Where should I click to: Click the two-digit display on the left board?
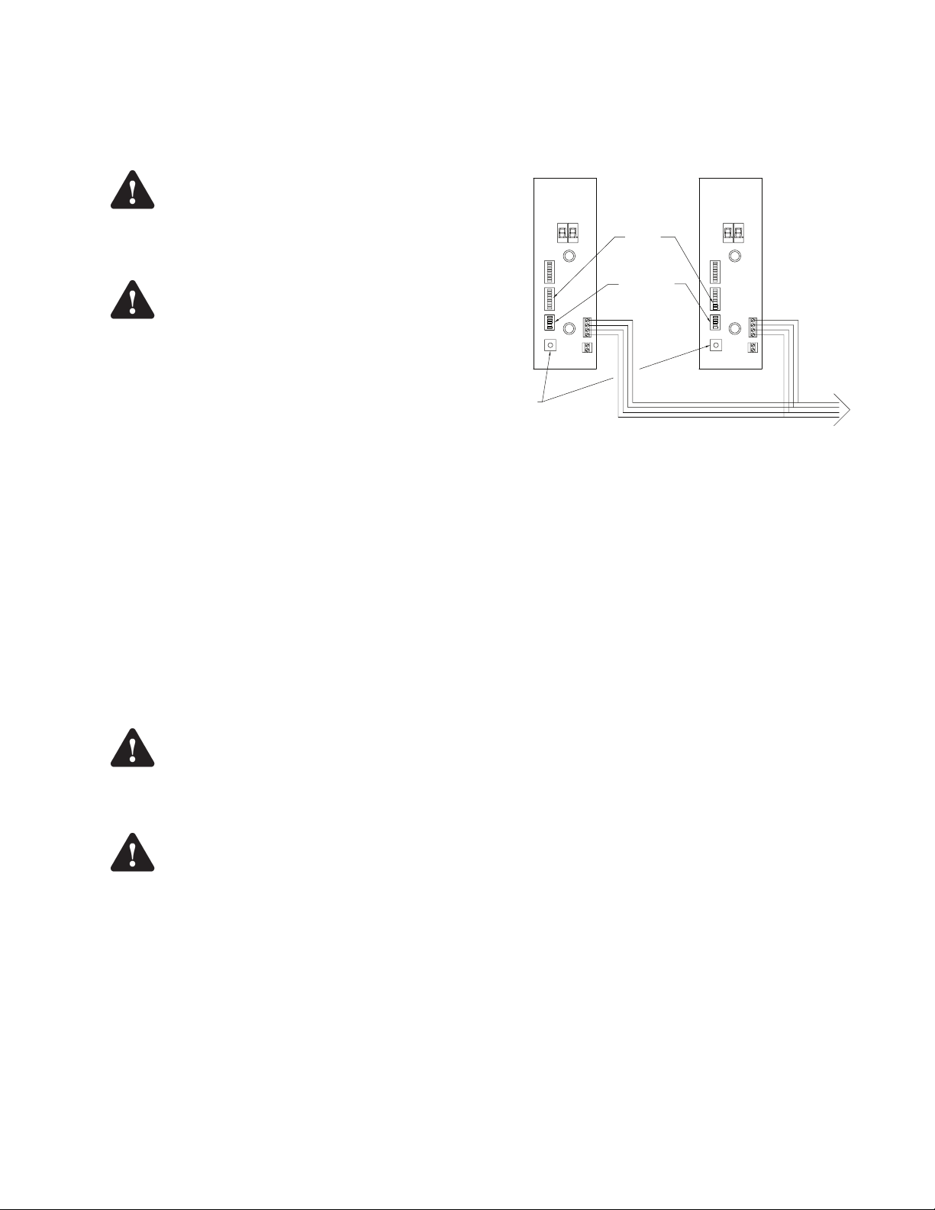tap(566, 234)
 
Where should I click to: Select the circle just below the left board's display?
tap(569, 257)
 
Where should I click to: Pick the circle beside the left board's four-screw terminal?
tap(569, 328)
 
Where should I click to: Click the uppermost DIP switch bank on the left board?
tap(548, 272)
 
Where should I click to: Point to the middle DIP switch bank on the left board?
tap(548, 298)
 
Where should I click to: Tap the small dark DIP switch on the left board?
tap(548, 322)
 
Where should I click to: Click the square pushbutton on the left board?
tap(550, 345)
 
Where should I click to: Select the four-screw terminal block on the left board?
tap(587, 327)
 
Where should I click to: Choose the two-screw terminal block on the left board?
tap(587, 348)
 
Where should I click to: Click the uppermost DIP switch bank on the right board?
tap(715, 272)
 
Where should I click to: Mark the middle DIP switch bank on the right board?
tap(715, 298)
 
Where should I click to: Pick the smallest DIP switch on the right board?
tap(715, 322)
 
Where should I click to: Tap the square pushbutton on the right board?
tap(715, 345)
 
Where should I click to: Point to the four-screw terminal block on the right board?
tap(753, 327)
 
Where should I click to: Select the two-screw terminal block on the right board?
tap(753, 348)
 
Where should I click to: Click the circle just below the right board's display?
tap(735, 257)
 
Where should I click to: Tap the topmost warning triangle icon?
tap(132, 190)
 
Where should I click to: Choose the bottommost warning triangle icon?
tap(132, 853)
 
